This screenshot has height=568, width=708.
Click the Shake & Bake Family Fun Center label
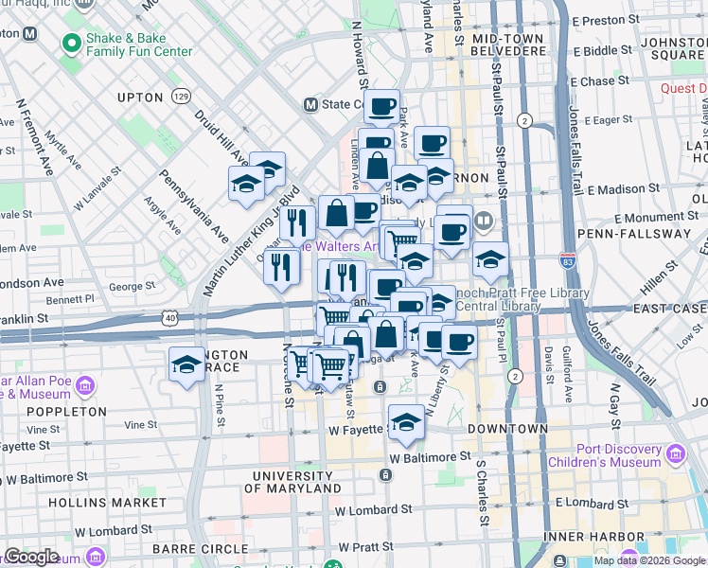(x=138, y=44)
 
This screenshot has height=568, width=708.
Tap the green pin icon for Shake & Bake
(x=69, y=44)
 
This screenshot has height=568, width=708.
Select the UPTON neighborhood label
(x=140, y=98)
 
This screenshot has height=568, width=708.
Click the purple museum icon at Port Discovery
(x=675, y=454)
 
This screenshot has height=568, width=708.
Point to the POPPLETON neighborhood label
(x=67, y=412)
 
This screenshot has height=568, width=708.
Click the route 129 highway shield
(x=181, y=97)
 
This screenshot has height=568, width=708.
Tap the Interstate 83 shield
(x=567, y=257)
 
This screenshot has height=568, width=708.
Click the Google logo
(x=31, y=557)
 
